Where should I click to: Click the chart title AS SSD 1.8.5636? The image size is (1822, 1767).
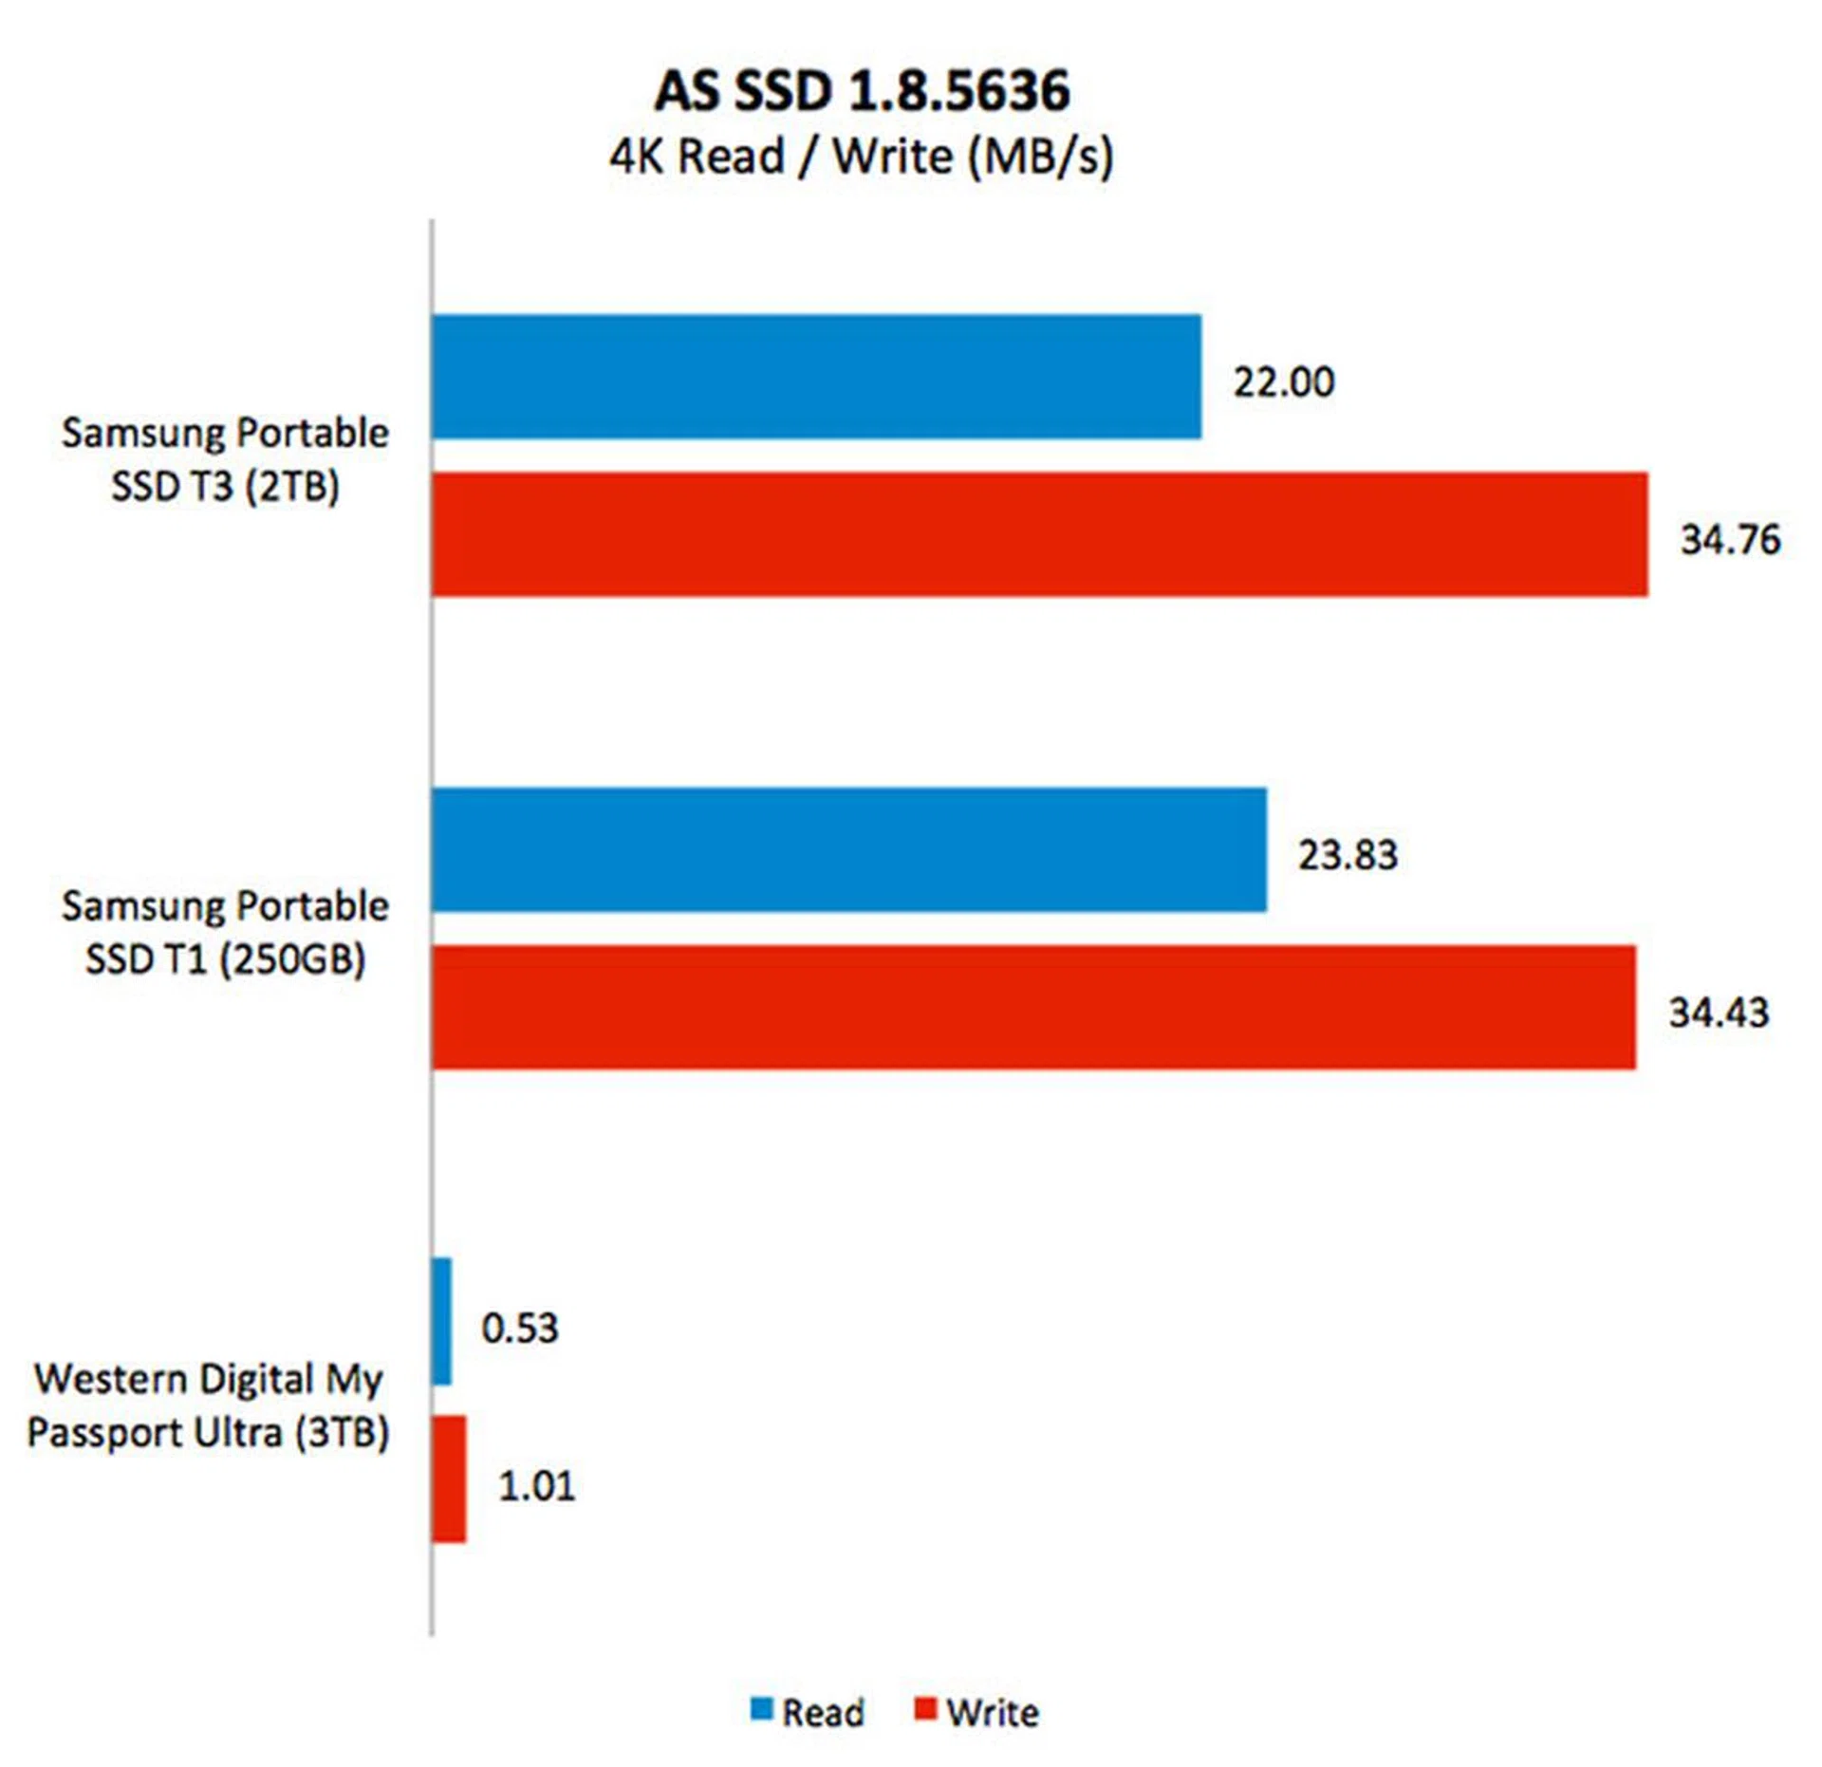(862, 92)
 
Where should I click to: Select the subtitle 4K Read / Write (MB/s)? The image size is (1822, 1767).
(862, 157)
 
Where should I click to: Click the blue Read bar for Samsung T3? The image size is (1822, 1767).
(816, 377)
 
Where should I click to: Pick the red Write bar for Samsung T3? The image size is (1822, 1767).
(1039, 534)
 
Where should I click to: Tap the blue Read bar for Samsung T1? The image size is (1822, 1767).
(849, 849)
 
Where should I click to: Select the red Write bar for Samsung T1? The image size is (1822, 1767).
(1033, 1007)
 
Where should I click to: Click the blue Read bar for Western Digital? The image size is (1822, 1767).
(442, 1322)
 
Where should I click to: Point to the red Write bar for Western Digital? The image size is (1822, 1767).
(449, 1479)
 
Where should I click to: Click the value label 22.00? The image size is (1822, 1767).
(1283, 382)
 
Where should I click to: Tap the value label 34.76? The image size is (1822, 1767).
(1730, 540)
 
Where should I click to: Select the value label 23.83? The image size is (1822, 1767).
(1348, 855)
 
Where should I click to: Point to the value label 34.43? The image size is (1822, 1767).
(1719, 1013)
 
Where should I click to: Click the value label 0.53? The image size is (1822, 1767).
(520, 1328)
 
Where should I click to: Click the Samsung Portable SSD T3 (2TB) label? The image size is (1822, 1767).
(226, 459)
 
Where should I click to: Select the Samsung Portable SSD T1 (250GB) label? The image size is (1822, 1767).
(226, 932)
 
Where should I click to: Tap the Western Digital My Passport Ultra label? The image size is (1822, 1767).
(209, 1404)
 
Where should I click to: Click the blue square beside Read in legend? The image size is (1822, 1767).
(761, 1709)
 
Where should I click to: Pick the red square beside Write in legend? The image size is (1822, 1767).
(925, 1709)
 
